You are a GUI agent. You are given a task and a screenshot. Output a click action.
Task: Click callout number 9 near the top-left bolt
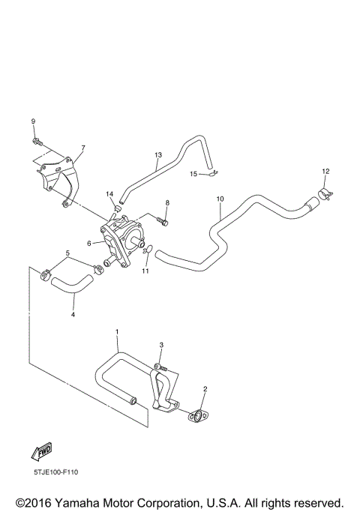click(33, 121)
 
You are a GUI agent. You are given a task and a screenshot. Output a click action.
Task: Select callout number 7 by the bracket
click(83, 148)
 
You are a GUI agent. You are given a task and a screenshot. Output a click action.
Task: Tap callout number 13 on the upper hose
click(158, 155)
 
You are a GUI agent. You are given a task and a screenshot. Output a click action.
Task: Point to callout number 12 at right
click(325, 172)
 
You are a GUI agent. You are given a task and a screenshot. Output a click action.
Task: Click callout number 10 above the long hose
click(220, 199)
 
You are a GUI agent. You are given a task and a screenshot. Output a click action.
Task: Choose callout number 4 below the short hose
click(73, 315)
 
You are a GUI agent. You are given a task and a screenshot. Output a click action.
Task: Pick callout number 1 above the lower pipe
click(117, 331)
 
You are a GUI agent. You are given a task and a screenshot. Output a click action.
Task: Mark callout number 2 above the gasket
click(205, 389)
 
